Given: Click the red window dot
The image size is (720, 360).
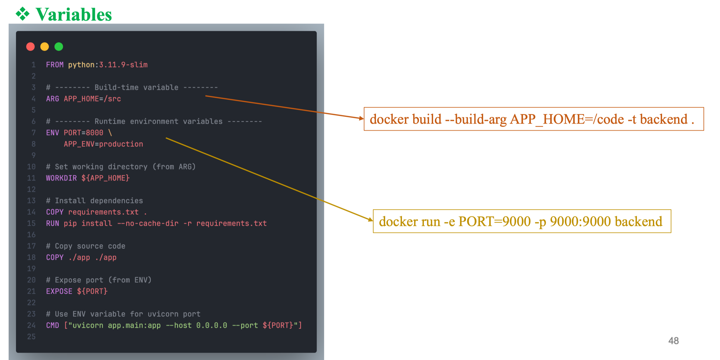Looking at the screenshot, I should (x=31, y=46).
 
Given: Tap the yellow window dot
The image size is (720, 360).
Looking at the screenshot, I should (x=44, y=46).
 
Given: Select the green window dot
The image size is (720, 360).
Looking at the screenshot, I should (x=59, y=46).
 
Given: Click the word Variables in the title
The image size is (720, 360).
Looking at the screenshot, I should (x=74, y=15).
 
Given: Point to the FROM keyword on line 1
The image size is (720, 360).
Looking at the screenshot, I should (x=55, y=65).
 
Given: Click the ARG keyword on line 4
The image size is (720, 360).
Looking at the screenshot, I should (x=53, y=99).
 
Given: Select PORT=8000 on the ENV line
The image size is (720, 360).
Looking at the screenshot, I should (x=83, y=133).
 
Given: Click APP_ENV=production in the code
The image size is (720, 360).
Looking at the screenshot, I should (x=103, y=144).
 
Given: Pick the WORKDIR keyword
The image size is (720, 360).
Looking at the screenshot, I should (x=61, y=178).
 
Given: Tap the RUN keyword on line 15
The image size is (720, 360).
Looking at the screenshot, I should (x=53, y=223).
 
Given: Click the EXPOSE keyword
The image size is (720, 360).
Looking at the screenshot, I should (x=59, y=291).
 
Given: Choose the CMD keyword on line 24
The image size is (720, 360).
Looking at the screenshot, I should (x=53, y=325).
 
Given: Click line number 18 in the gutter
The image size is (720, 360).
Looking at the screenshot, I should (x=31, y=257).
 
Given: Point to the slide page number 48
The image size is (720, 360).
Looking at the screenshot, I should (x=673, y=341).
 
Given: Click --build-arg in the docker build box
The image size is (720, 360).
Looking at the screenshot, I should (x=475, y=119).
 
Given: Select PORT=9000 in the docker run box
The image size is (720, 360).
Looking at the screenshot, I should (x=495, y=222).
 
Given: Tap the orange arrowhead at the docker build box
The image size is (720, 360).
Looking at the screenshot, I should (x=361, y=119).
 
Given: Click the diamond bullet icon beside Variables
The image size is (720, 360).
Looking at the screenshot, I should (x=23, y=14).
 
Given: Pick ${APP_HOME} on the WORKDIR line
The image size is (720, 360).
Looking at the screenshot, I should (x=105, y=178).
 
